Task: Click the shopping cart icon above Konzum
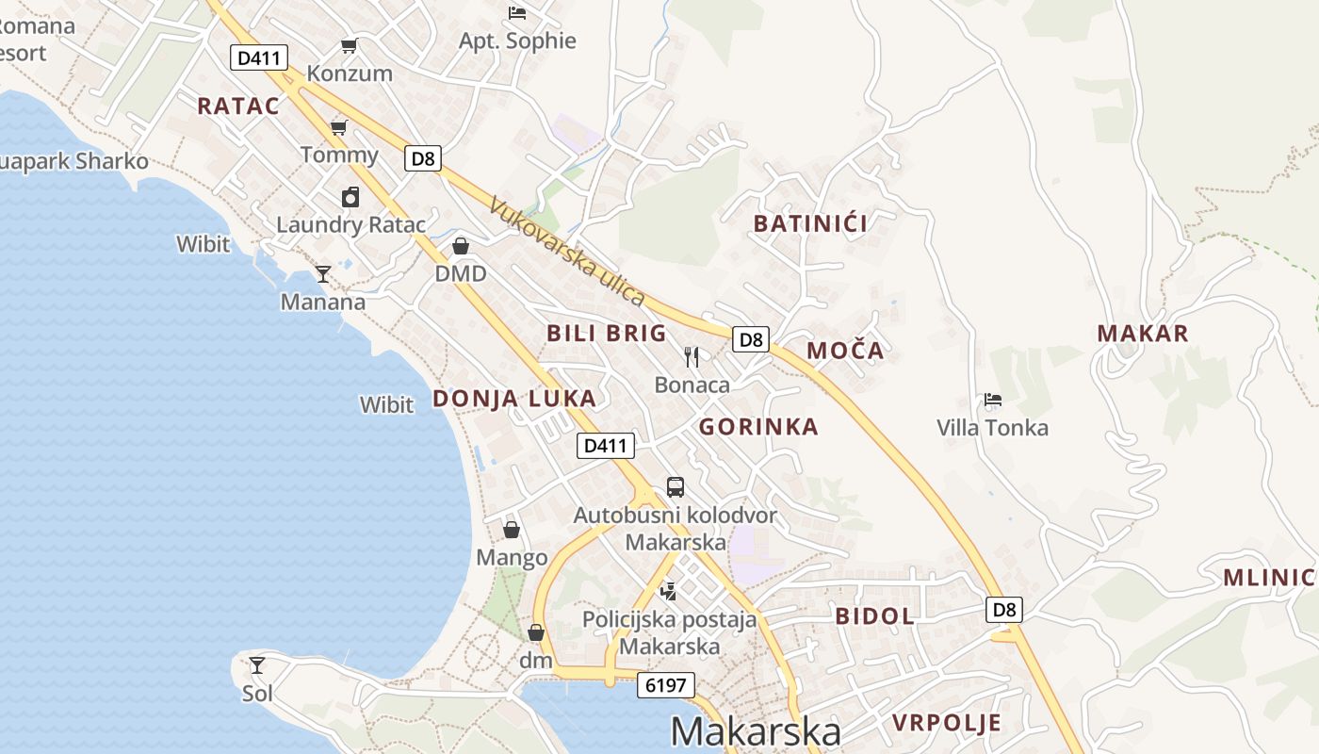350,45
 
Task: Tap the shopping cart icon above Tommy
338,127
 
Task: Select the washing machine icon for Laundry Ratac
350,197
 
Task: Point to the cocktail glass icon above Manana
323,274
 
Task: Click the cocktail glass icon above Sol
256,665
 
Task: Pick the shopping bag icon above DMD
461,246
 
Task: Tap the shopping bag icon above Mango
512,530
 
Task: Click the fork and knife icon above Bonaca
692,356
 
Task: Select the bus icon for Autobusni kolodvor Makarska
676,487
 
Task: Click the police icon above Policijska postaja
669,591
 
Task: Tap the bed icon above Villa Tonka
992,400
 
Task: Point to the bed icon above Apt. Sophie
517,12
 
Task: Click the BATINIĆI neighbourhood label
810,223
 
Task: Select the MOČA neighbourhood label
845,351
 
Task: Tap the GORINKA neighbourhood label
758,427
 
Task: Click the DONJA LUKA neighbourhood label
514,398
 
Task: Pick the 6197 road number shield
666,685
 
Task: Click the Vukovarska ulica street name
568,252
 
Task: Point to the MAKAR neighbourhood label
1143,333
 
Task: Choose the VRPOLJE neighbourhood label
946,723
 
